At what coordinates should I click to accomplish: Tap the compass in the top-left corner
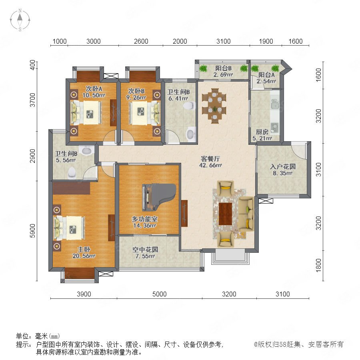[20, 20]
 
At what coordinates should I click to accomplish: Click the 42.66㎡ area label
[210, 165]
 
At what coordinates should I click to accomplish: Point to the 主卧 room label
[84, 249]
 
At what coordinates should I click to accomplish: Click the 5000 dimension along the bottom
[159, 294]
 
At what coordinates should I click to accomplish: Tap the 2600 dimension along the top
[141, 41]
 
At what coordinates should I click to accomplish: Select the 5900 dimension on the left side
[33, 231]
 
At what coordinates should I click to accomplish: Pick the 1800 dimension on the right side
[318, 265]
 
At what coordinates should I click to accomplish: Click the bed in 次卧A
[86, 113]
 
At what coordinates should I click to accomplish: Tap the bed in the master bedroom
[69, 228]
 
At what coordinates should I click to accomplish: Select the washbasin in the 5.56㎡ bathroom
[86, 150]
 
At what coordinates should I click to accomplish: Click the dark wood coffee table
[225, 214]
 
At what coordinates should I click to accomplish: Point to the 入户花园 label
[283, 166]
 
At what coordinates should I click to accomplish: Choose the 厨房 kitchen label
[262, 132]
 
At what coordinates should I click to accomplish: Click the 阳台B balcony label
[223, 68]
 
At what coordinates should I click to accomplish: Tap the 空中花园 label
[145, 250]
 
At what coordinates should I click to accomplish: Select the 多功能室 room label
[145, 219]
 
